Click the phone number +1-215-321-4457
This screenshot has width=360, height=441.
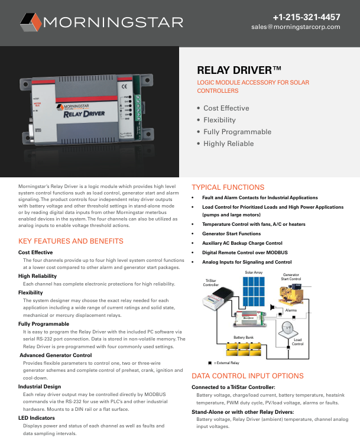[306, 17]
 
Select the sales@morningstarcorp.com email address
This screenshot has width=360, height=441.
[296, 27]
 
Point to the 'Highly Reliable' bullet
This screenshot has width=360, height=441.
[228, 144]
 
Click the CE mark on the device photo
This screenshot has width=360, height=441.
[124, 87]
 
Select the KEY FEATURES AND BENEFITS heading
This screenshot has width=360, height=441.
[71, 241]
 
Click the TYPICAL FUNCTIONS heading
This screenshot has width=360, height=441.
[228, 187]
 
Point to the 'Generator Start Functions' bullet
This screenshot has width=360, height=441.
[231, 234]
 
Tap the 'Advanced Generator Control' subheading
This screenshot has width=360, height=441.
[57, 355]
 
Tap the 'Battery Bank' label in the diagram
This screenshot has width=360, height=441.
[244, 337]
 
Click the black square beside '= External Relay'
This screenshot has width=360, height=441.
[210, 362]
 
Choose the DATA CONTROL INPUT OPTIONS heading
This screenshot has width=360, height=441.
[248, 376]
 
